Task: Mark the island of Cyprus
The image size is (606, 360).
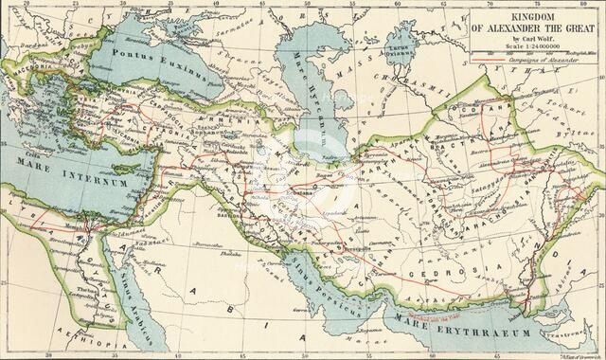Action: coord(134,162)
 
